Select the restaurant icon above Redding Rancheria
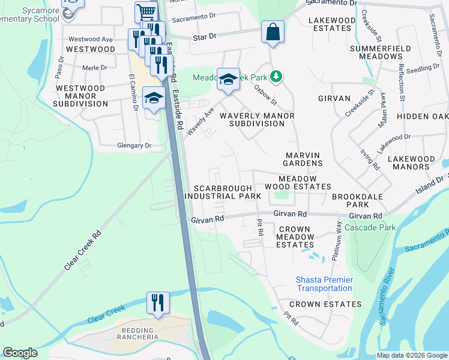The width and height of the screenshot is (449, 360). [x=157, y=302]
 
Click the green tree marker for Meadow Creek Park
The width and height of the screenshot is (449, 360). [x=276, y=77]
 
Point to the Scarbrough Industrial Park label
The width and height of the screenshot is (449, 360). [x=223, y=192]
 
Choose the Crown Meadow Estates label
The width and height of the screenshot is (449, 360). [x=294, y=237]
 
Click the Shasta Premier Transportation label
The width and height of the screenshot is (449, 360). [x=324, y=284]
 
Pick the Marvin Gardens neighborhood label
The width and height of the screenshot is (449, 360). [x=303, y=159]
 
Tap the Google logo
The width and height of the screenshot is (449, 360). [x=20, y=353]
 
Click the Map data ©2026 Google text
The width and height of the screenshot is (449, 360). [x=412, y=355]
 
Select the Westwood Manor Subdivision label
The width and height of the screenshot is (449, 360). [x=80, y=96]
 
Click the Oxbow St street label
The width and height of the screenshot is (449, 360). [x=265, y=93]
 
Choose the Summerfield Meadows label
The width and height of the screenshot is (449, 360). [x=380, y=52]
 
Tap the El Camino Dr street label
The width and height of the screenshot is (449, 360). [x=134, y=92]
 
